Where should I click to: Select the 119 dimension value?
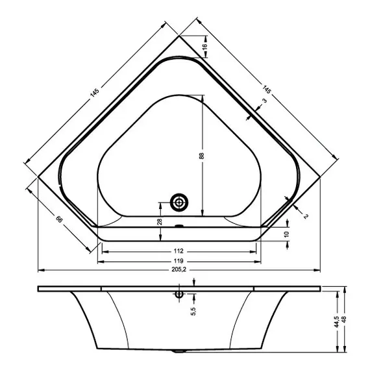click(180, 260)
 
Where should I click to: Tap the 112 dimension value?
click(180, 251)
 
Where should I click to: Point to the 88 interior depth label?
click(201, 156)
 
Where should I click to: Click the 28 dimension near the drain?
click(160, 221)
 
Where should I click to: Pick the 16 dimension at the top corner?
click(204, 47)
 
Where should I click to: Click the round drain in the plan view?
click(179, 203)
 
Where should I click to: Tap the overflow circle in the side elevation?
click(178, 293)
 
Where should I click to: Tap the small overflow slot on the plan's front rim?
click(179, 227)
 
